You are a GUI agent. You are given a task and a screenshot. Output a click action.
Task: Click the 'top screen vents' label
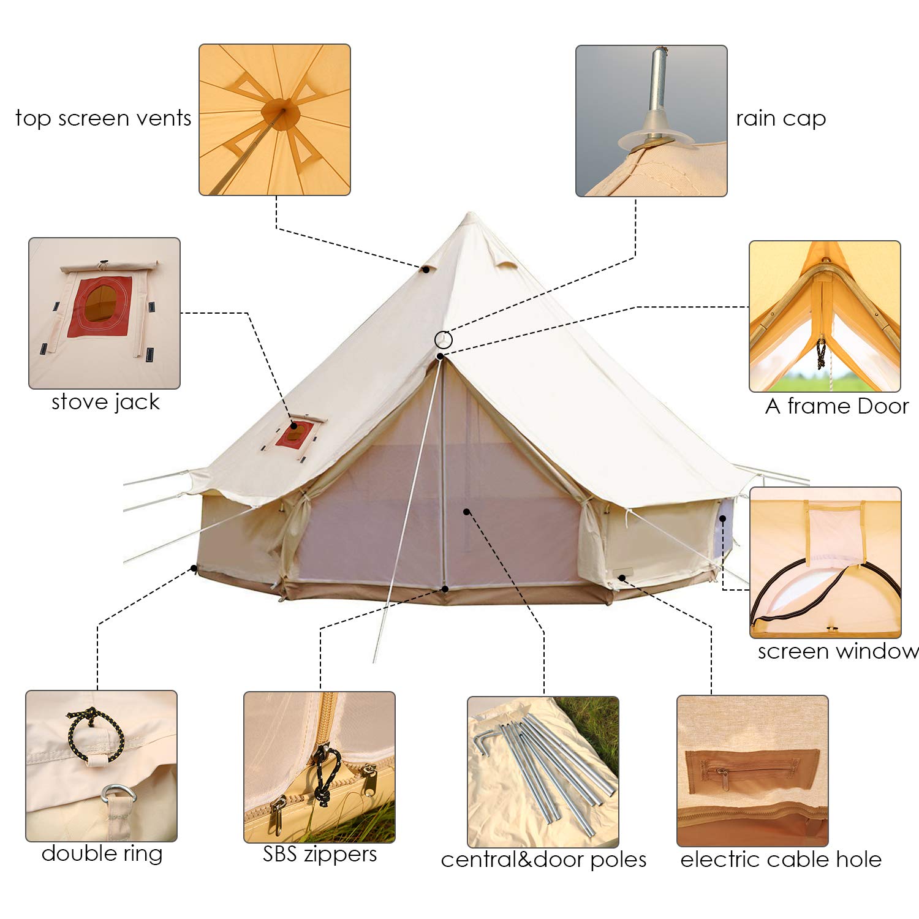pyautogui.click(x=103, y=118)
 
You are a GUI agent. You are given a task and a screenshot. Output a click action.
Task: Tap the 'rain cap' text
pyautogui.click(x=781, y=118)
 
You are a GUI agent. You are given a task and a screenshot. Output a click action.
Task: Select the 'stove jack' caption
pyautogui.click(x=105, y=402)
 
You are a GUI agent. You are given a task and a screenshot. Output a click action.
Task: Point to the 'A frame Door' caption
pyautogui.click(x=836, y=406)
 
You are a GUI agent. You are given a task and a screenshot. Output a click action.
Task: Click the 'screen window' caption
pyautogui.click(x=838, y=651)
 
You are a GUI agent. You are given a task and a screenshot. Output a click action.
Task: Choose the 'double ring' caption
pyautogui.click(x=102, y=853)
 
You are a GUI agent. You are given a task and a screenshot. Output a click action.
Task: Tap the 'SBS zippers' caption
pyautogui.click(x=320, y=854)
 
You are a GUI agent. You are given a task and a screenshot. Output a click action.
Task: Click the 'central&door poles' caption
pyautogui.click(x=543, y=860)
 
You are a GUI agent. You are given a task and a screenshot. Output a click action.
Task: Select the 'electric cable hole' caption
pyautogui.click(x=781, y=860)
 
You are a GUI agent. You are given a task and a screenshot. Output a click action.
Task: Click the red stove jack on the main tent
pyautogui.click(x=295, y=434)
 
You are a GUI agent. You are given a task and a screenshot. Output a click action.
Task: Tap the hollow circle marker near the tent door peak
pyautogui.click(x=444, y=339)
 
